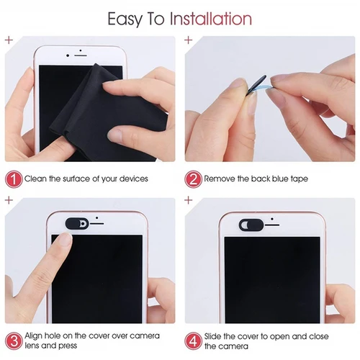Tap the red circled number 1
13,178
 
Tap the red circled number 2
192,178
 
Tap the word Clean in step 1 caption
36,178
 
